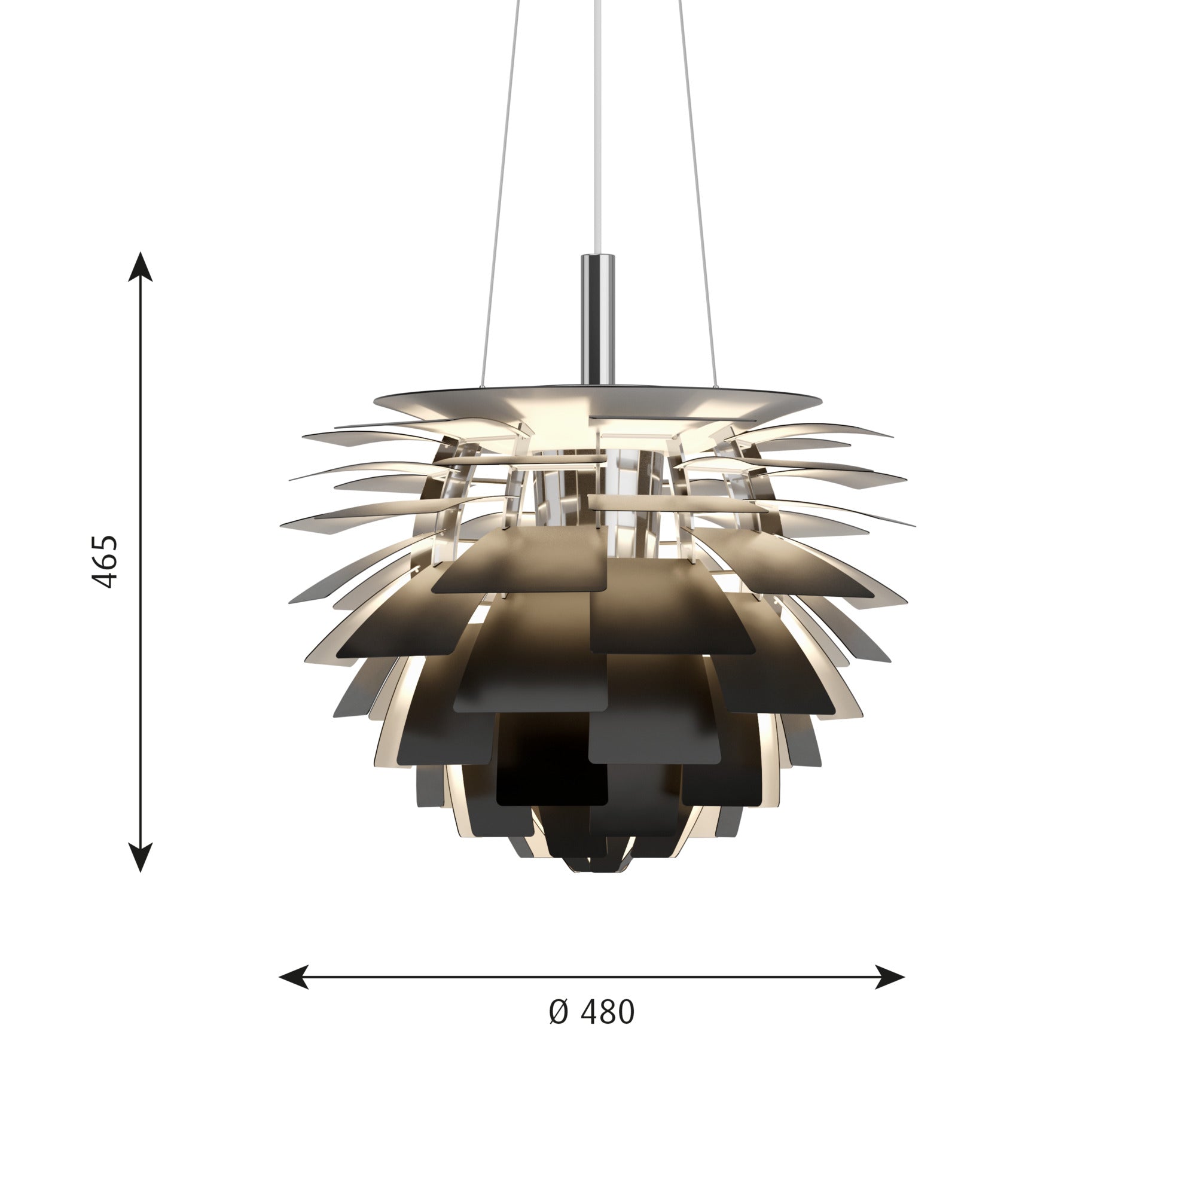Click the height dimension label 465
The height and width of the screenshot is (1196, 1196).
pyautogui.click(x=104, y=561)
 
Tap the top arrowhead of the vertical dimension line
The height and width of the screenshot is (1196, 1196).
pyautogui.click(x=141, y=267)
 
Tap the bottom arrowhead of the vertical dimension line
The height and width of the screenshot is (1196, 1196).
pyautogui.click(x=141, y=858)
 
